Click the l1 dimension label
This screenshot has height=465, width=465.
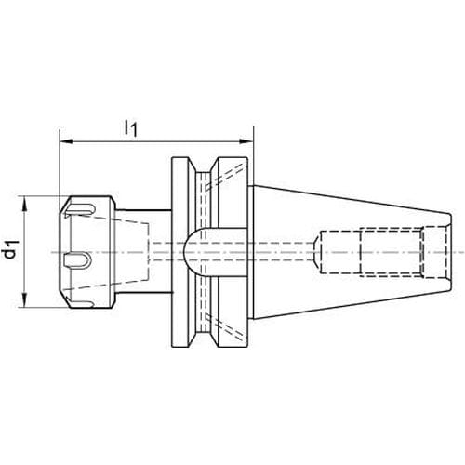click(130, 128)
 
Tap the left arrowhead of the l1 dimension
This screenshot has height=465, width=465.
click(66, 141)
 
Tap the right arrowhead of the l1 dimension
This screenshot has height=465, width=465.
click(246, 141)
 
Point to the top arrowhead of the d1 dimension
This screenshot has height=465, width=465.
click(25, 203)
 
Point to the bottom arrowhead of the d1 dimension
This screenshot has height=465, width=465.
click(25, 300)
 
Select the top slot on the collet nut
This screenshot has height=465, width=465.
click(79, 208)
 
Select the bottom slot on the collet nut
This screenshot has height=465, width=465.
click(79, 303)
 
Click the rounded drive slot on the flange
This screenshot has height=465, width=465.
click(215, 252)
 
